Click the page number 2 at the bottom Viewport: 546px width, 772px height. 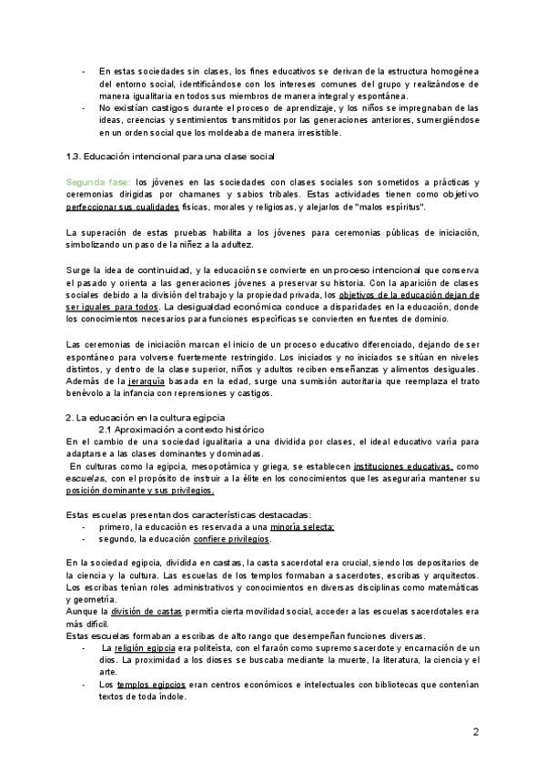point(476,731)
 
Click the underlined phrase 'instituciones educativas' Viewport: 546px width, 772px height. point(386,465)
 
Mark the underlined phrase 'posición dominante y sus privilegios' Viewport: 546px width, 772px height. point(140,490)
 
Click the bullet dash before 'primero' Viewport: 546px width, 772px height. point(85,527)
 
